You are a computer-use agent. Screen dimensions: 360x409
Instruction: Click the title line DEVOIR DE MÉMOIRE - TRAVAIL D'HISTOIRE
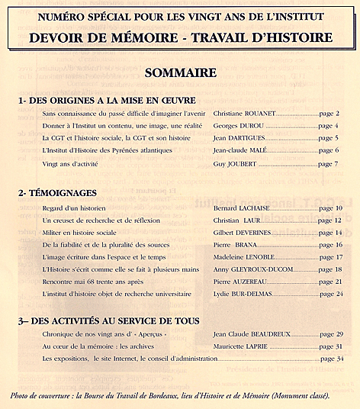click(x=180, y=37)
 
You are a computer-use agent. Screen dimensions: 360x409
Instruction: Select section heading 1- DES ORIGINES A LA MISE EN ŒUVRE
click(x=108, y=101)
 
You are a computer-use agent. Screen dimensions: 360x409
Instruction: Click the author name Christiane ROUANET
click(x=244, y=113)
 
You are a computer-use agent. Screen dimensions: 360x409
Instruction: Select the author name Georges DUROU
click(x=238, y=125)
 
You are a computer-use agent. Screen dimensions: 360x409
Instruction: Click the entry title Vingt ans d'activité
click(x=72, y=163)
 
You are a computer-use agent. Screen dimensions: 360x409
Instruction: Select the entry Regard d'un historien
click(x=74, y=208)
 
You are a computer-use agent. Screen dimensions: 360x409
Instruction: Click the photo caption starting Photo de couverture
click(x=170, y=397)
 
